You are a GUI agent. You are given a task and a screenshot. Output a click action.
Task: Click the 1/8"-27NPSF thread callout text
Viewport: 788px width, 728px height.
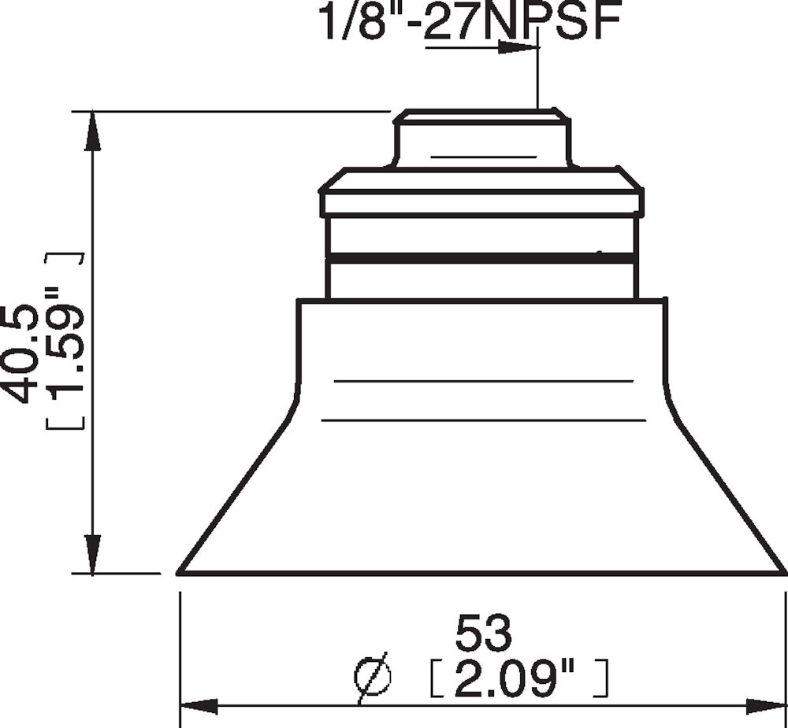[466, 22]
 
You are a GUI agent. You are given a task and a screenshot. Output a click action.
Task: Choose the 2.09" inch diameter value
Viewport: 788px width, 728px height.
[520, 678]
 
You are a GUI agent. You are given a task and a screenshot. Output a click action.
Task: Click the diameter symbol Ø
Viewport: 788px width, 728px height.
[373, 677]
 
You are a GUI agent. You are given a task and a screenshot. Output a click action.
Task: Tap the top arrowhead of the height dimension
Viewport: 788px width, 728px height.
[93, 130]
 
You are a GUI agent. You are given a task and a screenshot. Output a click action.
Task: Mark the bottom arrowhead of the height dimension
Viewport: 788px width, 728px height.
[93, 555]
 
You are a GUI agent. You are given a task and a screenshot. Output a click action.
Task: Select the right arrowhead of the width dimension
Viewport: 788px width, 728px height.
[768, 706]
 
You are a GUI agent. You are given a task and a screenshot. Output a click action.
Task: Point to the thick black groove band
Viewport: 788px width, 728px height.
[481, 257]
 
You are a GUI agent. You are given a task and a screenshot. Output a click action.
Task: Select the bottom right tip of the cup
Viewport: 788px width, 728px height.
[783, 572]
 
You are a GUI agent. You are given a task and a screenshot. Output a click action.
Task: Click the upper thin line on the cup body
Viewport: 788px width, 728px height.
[484, 381]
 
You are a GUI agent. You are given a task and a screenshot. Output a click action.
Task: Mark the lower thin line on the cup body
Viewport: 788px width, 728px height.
[484, 420]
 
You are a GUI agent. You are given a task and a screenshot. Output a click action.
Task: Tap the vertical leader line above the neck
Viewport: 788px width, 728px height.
[537, 79]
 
